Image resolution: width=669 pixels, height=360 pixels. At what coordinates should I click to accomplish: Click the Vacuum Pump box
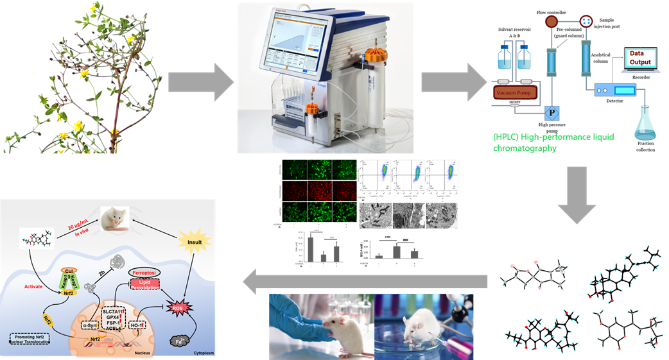coord(517,92)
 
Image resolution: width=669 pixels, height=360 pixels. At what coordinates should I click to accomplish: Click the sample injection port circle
coord(587,22)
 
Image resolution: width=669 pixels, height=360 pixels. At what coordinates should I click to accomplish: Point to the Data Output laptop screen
coord(640,58)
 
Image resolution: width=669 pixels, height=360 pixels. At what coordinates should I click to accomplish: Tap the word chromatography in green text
coord(524,148)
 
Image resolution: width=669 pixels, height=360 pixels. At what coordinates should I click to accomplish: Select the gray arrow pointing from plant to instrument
coord(200,82)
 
